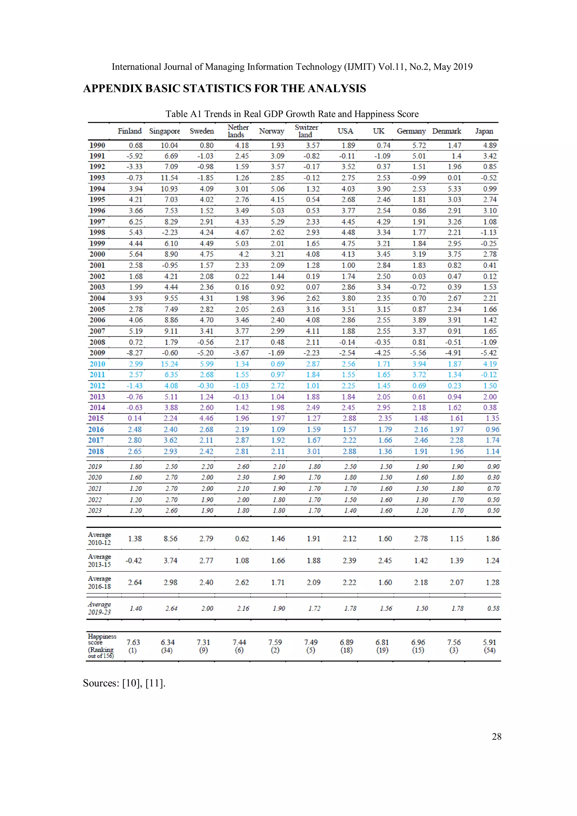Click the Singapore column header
click(164, 131)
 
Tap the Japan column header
click(484, 131)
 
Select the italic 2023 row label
click(95, 510)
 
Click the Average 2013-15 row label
click(99, 561)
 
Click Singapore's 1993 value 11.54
click(169, 178)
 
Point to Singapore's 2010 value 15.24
click(169, 364)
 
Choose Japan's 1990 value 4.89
click(490, 145)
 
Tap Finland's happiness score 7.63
click(133, 642)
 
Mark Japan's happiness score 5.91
click(490, 642)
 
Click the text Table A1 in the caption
click(183, 114)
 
